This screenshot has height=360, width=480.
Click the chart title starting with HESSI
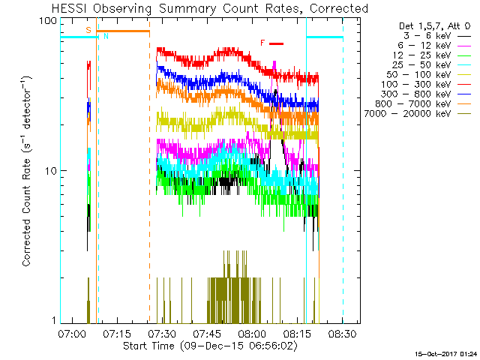pos(201,9)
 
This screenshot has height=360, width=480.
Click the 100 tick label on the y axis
pos(48,20)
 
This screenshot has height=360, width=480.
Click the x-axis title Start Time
pos(201,346)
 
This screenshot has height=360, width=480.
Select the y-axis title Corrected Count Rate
pos(27,171)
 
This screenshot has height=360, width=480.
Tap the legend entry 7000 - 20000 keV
pos(416,114)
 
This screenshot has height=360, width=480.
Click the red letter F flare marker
pos(262,43)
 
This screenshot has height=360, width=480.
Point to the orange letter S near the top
pos(88,30)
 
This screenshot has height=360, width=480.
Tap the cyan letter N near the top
pos(106,36)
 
